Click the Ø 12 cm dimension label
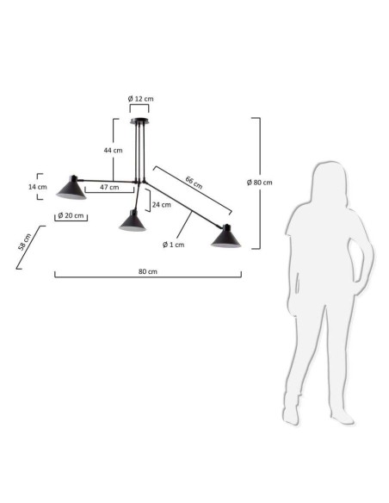pos(140,99)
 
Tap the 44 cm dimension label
pos(113,150)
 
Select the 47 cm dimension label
pos(109,187)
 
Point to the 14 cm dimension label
pos(38,187)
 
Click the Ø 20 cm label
pos(71,215)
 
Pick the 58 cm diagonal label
pos(25,241)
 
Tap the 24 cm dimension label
pos(162,205)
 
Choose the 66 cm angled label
pos(194,183)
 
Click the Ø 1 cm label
pos(173,245)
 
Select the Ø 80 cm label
pos(260,183)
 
